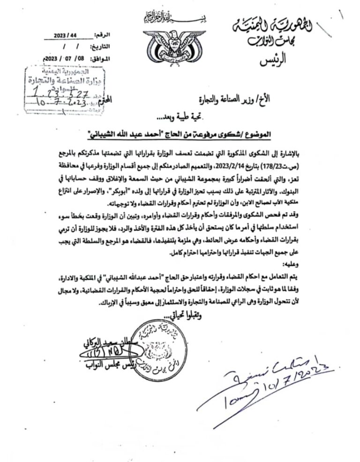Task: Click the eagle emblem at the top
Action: point(174,44)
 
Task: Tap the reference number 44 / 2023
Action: point(66,36)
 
